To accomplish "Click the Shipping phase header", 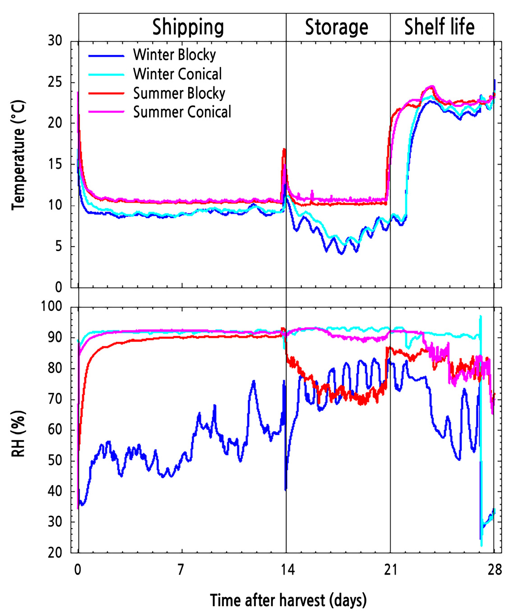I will (x=188, y=27).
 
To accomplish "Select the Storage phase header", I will (x=336, y=27).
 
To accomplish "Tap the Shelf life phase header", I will (x=439, y=27).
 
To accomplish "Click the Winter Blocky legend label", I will (x=174, y=55).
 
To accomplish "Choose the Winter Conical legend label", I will (x=177, y=74).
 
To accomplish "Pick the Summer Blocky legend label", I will (x=179, y=93).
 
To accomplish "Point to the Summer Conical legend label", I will (x=182, y=112).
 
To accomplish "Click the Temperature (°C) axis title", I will (x=18, y=155).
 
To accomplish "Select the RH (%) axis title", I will (x=18, y=433).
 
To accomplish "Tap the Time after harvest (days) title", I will (x=288, y=600).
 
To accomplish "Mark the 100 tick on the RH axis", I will (x=52, y=306).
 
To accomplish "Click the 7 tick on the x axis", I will (x=181, y=570).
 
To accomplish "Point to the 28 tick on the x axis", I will (x=494, y=570).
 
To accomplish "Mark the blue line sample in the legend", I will (x=106, y=56).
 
